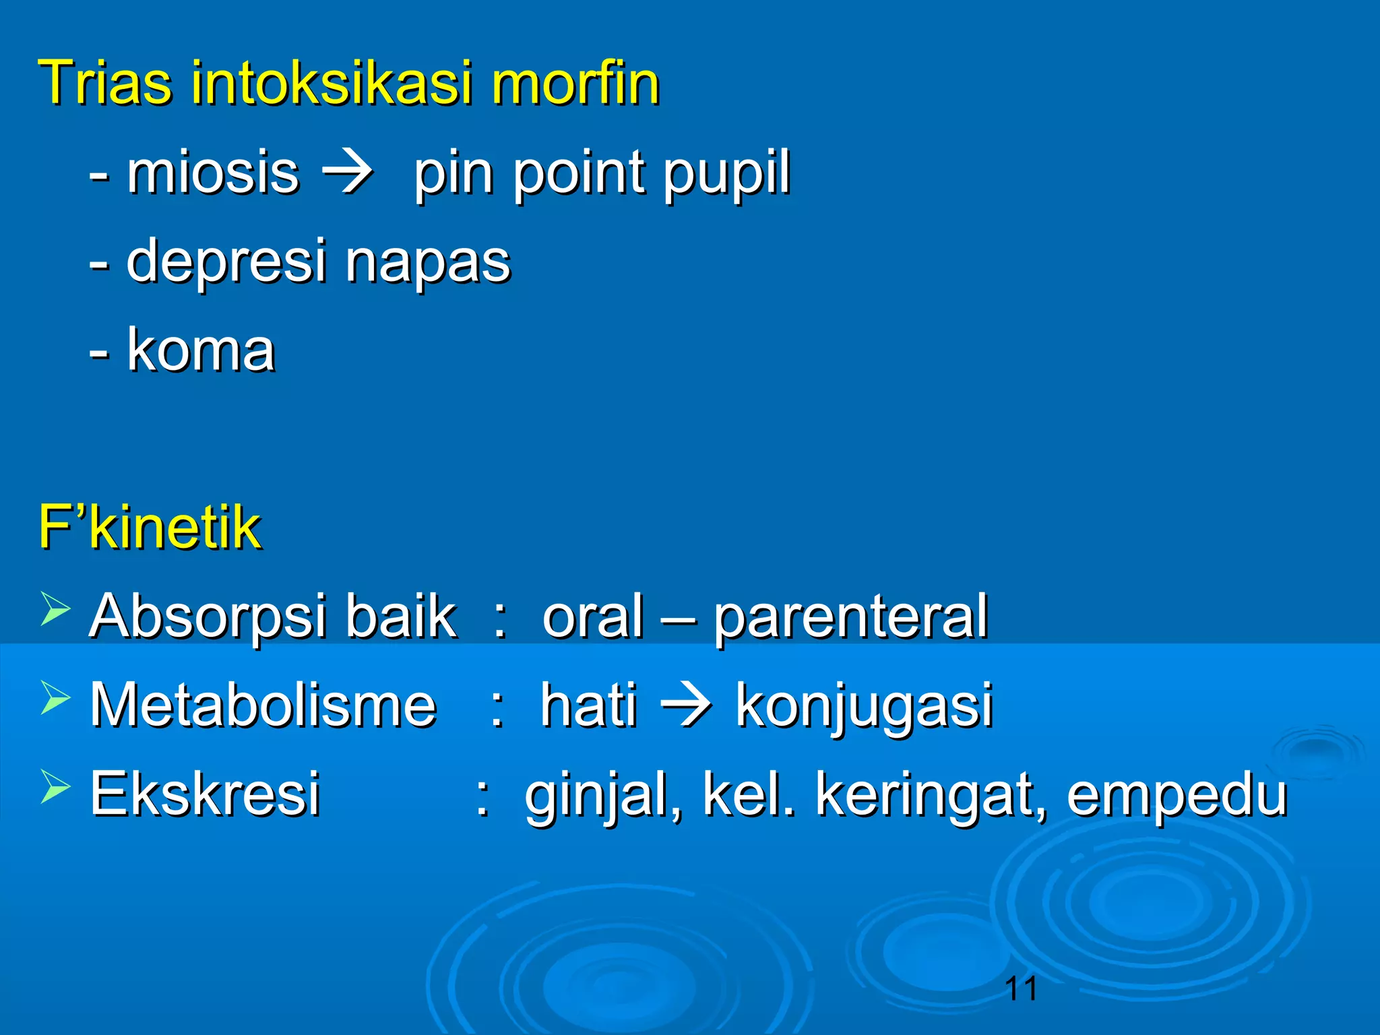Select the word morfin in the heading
click(x=575, y=84)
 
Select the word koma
click(x=201, y=350)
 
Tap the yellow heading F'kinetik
click(x=149, y=527)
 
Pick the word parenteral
click(x=850, y=617)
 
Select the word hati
click(x=588, y=705)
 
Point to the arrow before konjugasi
click(x=685, y=705)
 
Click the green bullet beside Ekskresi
click(x=55, y=786)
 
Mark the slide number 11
click(x=1020, y=989)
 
